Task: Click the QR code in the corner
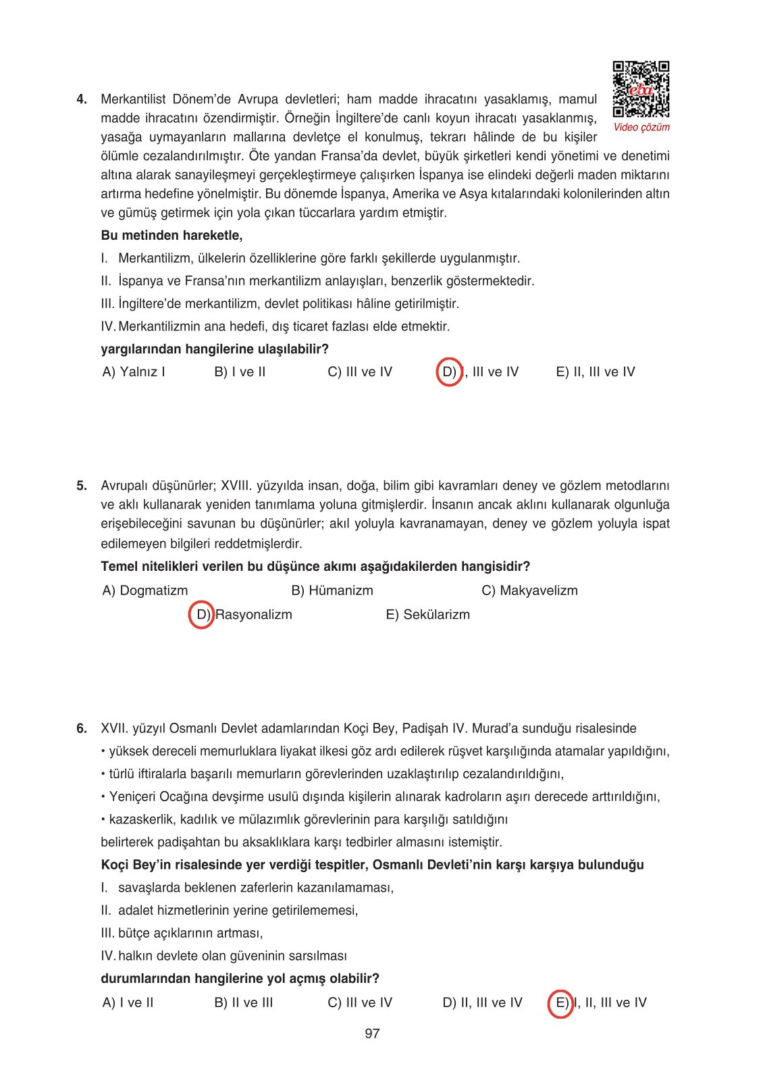[x=641, y=89]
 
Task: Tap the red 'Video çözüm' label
[x=641, y=127]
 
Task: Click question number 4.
[x=82, y=99]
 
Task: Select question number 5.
[x=82, y=486]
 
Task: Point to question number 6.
[x=82, y=728]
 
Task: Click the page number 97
[x=372, y=1034]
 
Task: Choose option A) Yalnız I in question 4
[x=134, y=372]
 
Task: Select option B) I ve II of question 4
[x=240, y=372]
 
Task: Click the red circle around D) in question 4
[x=449, y=372]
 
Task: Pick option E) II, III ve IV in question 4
[x=596, y=372]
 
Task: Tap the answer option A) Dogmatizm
[x=145, y=590]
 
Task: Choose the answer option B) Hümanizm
[x=332, y=590]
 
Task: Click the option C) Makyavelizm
[x=529, y=590]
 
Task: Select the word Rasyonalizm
[x=254, y=615]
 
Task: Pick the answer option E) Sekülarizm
[x=427, y=615]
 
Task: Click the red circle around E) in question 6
[x=561, y=1003]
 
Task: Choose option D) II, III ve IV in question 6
[x=482, y=1003]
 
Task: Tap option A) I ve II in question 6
[x=128, y=1003]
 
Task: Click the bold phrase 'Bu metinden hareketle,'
[x=172, y=236]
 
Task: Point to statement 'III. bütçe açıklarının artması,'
[x=182, y=934]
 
